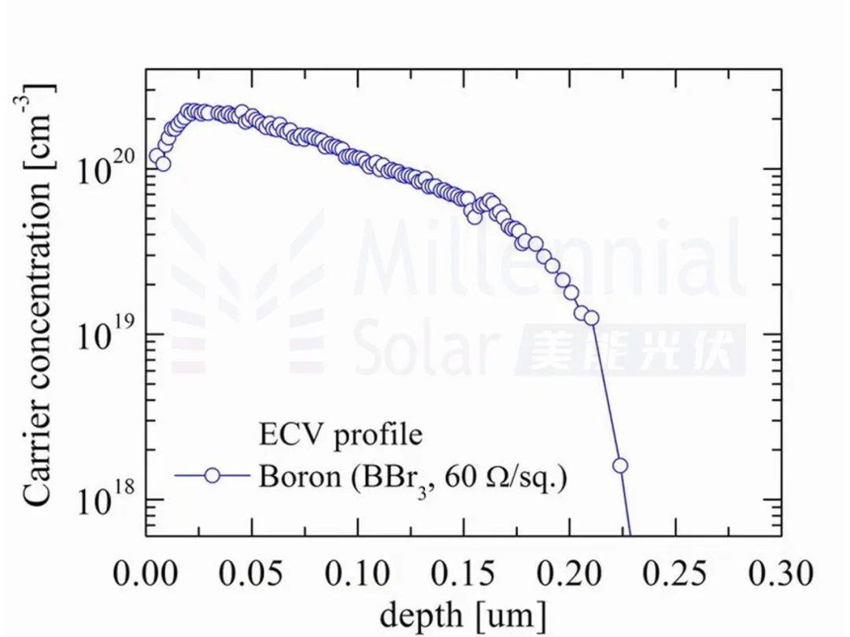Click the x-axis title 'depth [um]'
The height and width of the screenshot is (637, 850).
(x=463, y=613)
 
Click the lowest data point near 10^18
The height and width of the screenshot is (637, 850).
(x=620, y=465)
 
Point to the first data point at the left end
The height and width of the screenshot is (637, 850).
(x=155, y=157)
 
